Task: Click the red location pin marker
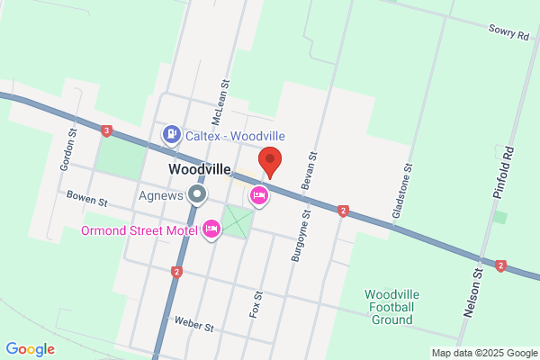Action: (270, 161)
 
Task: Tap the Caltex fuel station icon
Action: (171, 135)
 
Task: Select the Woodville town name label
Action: (199, 169)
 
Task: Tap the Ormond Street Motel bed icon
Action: (211, 230)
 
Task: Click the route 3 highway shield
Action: (107, 131)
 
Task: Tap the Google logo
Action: (30, 349)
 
